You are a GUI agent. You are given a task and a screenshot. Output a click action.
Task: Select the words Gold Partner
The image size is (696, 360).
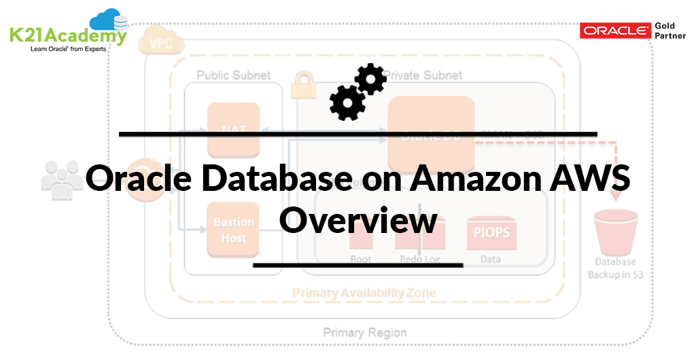(670, 31)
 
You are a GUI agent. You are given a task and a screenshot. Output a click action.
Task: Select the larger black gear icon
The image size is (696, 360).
(347, 103)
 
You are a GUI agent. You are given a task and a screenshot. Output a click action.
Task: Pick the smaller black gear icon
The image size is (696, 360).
(371, 79)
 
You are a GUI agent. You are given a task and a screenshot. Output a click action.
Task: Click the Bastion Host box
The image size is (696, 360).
(234, 230)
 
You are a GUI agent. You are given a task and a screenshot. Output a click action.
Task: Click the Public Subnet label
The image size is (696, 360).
(233, 75)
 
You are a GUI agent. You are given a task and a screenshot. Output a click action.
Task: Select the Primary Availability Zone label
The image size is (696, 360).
(364, 293)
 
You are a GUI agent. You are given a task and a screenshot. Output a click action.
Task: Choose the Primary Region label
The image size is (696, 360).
(364, 333)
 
